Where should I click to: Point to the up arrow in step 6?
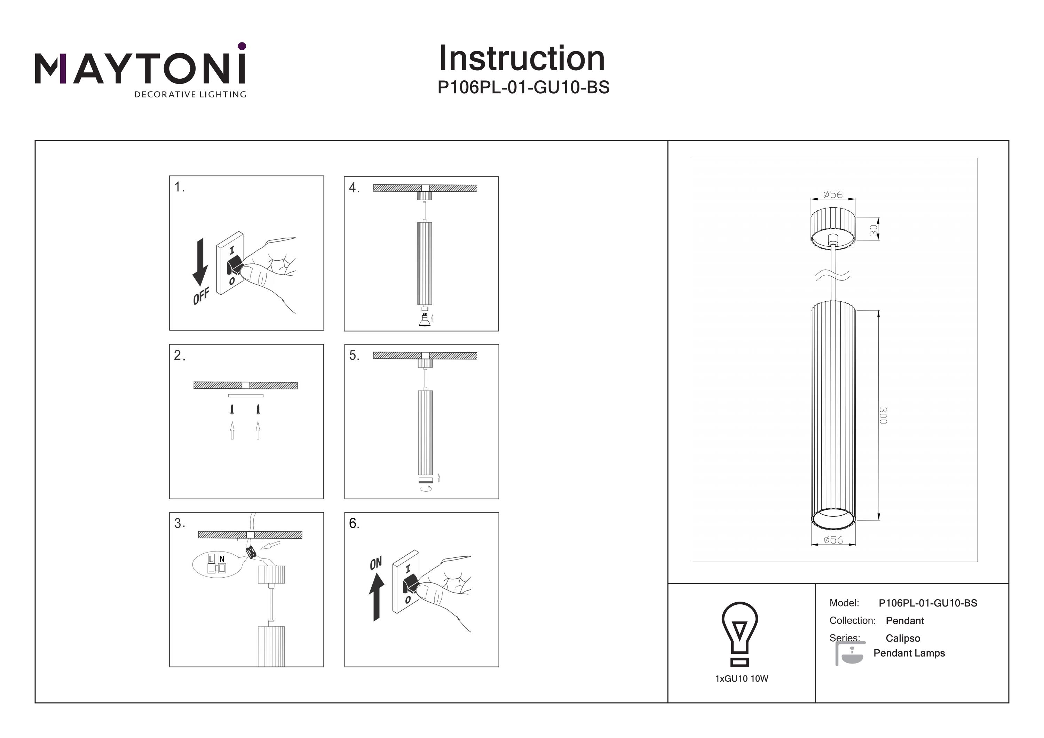(x=376, y=597)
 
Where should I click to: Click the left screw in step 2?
(x=232, y=410)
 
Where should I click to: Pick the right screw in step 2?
(x=258, y=410)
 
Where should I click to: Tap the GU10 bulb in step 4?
(x=425, y=320)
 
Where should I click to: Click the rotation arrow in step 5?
(x=426, y=489)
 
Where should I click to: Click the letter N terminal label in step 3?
(x=222, y=559)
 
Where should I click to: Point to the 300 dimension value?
(x=883, y=415)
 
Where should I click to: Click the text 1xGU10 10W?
(x=742, y=679)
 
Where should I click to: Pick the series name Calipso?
(x=903, y=638)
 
